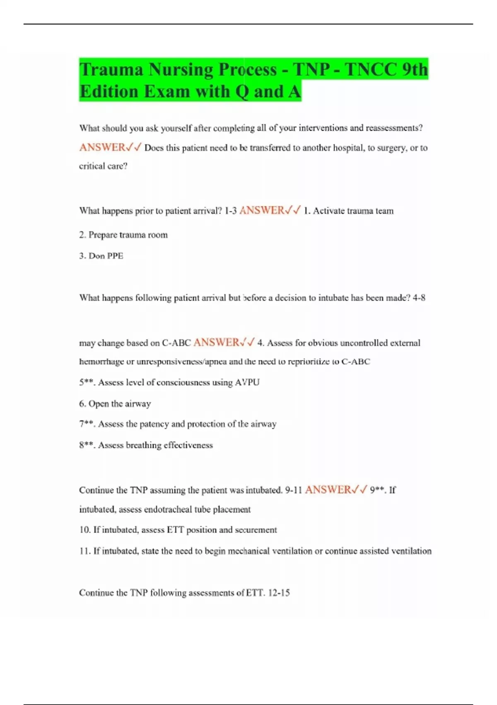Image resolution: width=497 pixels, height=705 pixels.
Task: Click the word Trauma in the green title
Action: point(111,69)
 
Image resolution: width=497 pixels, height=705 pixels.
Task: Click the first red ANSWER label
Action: point(102,148)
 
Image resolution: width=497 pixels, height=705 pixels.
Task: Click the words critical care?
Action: point(103,166)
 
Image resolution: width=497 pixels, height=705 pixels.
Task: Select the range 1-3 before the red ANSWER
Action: point(231,211)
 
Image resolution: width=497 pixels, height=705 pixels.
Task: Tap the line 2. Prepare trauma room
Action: point(123,235)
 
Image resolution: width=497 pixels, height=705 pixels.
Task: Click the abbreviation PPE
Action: point(115,256)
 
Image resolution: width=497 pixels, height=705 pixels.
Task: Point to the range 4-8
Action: point(419,298)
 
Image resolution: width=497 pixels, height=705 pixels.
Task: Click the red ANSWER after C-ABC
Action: point(216,343)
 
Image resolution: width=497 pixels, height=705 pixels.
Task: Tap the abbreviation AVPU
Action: point(247,382)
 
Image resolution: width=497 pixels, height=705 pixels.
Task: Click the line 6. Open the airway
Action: point(115,404)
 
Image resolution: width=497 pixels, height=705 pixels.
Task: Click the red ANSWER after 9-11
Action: point(328,490)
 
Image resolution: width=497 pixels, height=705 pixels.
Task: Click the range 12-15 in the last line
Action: point(279,593)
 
